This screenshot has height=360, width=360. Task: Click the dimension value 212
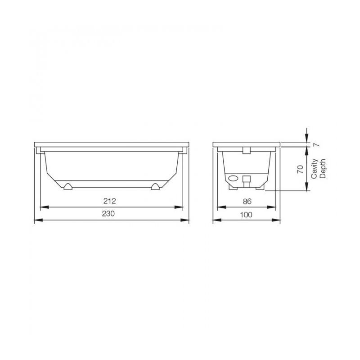109,201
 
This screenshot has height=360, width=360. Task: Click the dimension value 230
108,213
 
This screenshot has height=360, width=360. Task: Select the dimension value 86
247,201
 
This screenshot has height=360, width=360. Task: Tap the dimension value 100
246,215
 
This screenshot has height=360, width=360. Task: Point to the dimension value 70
300,169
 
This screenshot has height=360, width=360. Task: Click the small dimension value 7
316,144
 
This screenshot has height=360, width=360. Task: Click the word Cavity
314,169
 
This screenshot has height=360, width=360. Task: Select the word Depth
323,168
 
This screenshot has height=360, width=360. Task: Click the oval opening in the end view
234,178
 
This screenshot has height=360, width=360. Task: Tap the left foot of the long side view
68,187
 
